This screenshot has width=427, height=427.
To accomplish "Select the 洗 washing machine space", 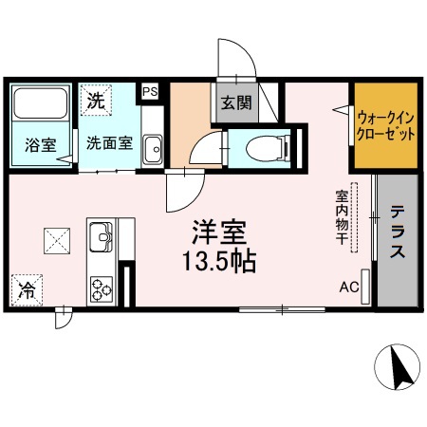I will [96, 98].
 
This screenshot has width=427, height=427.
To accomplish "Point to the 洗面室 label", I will [110, 144].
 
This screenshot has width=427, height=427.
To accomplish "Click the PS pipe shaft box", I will [149, 92].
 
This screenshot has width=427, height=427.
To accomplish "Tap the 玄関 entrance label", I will [235, 102].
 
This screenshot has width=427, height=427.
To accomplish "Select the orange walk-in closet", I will [386, 128].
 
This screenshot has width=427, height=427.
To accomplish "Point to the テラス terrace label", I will [399, 232].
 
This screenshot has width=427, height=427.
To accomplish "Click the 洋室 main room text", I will [220, 232].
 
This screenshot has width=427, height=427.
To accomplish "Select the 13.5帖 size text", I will [219, 262].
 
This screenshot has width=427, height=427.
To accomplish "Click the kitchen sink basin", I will [101, 236].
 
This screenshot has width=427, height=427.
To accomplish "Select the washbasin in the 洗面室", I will [152, 146].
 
